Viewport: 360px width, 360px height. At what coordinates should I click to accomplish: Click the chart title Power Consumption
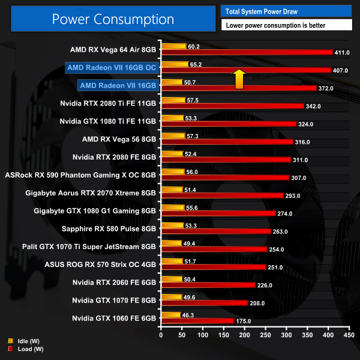112,19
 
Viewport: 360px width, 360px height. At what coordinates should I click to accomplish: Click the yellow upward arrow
239,79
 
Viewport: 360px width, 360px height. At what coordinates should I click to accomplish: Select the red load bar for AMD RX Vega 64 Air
246,52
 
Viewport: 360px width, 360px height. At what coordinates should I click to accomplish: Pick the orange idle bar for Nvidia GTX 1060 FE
170,314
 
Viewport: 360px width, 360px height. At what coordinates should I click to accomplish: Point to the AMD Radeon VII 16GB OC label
112,68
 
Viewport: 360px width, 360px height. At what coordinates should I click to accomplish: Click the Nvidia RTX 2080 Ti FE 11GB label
108,104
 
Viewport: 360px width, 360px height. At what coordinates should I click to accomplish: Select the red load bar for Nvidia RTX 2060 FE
207,285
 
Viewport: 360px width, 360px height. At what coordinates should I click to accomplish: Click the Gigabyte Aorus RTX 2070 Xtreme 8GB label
91,193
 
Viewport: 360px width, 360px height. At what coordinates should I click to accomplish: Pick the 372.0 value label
326,88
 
